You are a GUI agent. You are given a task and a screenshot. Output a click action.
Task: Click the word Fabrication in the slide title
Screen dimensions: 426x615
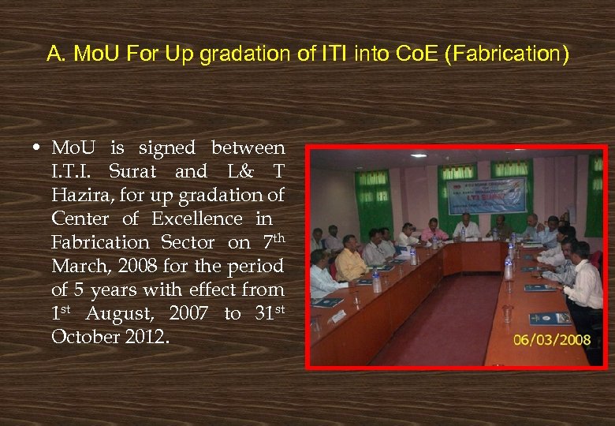[x=517, y=54]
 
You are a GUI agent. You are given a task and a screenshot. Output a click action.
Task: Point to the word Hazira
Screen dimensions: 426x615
[x=83, y=195]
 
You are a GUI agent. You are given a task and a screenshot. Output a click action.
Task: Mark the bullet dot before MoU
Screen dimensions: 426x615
[x=38, y=148]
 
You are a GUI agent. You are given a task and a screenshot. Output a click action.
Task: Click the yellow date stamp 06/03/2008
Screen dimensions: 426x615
[x=551, y=340]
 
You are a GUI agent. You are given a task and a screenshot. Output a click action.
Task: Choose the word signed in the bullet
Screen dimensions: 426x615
[x=167, y=148]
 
